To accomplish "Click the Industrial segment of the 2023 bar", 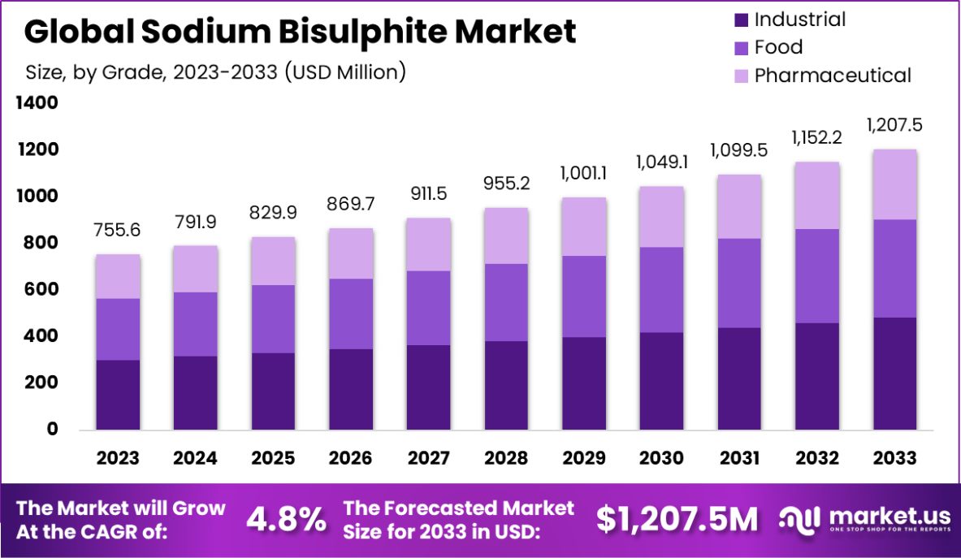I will coord(118,395).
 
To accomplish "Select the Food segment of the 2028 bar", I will coord(507,302).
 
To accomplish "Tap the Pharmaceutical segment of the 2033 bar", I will coord(895,184).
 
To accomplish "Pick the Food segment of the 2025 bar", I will coord(274,318).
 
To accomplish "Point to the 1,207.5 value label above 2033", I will coord(895,125).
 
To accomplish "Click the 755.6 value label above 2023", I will coord(118,231).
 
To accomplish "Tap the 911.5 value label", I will coord(429,194).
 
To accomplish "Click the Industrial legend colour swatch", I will coord(739,19).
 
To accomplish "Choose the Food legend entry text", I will coord(778,47).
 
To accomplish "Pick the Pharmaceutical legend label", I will coord(833,76).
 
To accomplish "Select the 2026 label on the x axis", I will coord(351,458).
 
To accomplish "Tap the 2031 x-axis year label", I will coord(740,458).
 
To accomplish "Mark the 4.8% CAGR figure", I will coord(287,519).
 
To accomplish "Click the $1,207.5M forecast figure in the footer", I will coord(677,519).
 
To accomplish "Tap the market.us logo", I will coord(863,519).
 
